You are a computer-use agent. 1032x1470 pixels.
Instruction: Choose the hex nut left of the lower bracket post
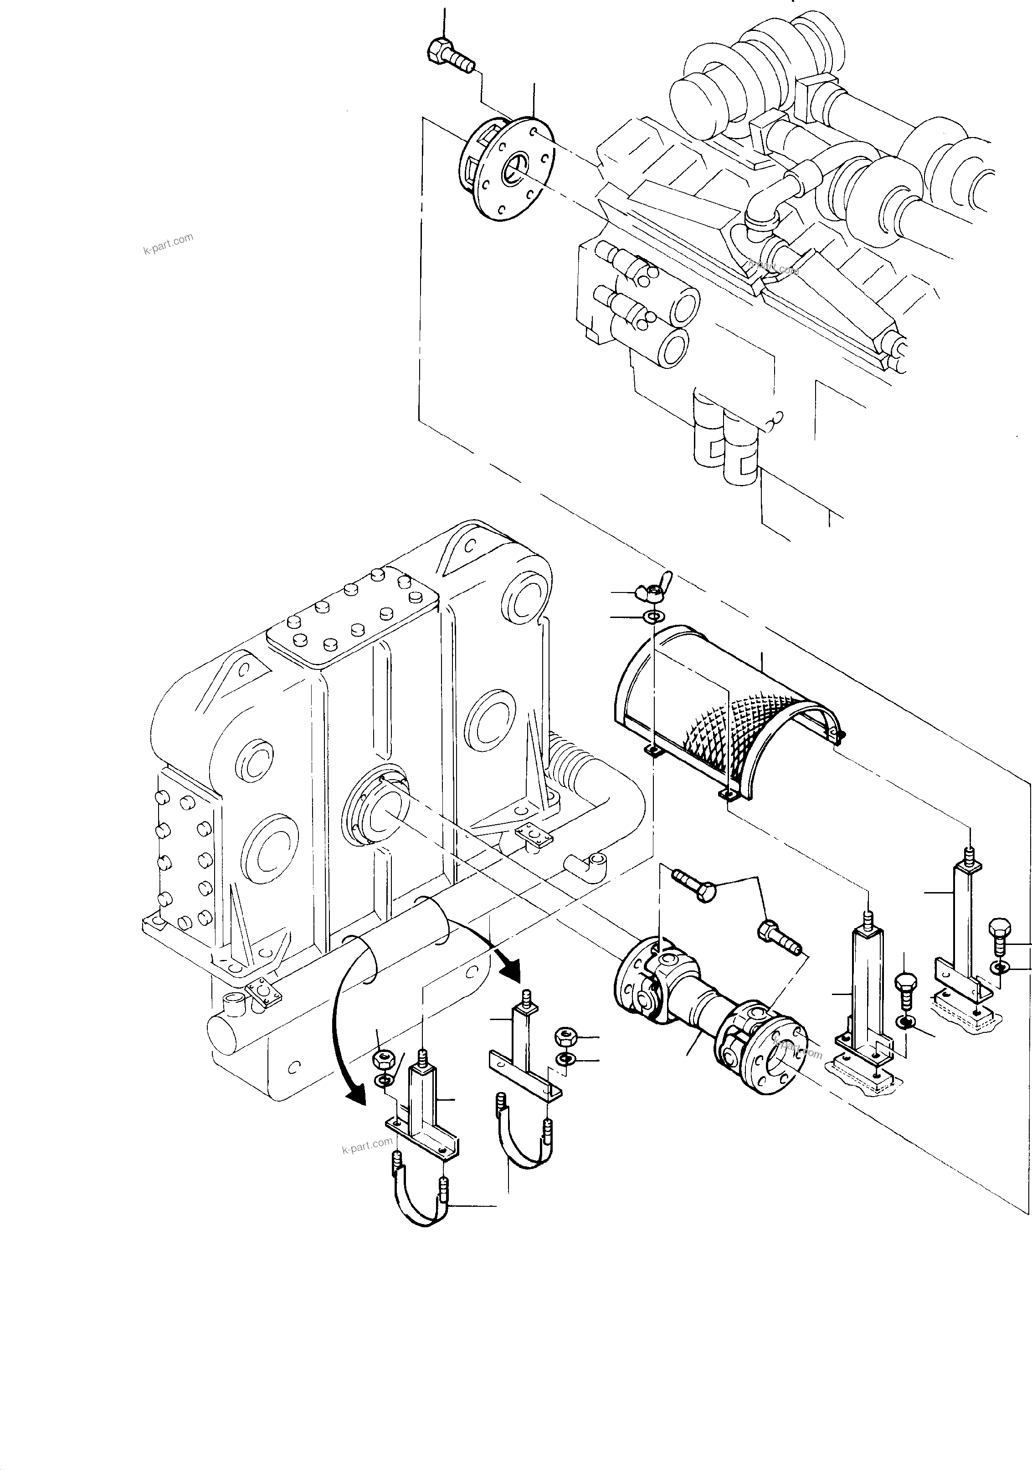point(382,1059)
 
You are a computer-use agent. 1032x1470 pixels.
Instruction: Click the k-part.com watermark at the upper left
point(168,243)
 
